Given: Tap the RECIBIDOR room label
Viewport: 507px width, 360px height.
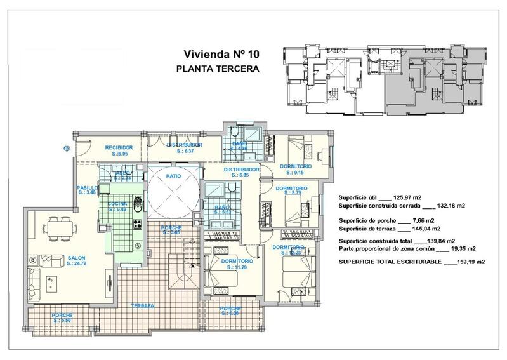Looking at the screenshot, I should point(119,147).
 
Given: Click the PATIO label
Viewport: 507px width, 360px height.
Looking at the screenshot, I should point(174,176).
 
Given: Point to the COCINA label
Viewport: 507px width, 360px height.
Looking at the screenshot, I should point(117,203).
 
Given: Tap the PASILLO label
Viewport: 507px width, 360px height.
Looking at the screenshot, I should point(87,188).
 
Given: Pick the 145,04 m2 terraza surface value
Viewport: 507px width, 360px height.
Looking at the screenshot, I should point(414,229).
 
